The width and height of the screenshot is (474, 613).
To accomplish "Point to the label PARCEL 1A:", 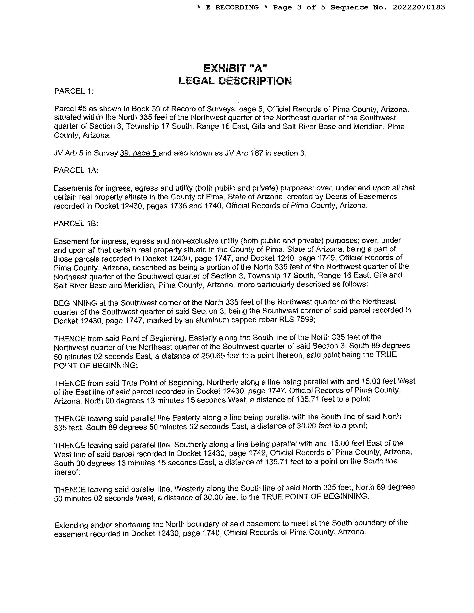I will (x=76, y=170).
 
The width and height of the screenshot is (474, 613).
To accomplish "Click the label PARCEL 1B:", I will (x=76, y=223).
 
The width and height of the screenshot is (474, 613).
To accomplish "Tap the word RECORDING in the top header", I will (x=237, y=7).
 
